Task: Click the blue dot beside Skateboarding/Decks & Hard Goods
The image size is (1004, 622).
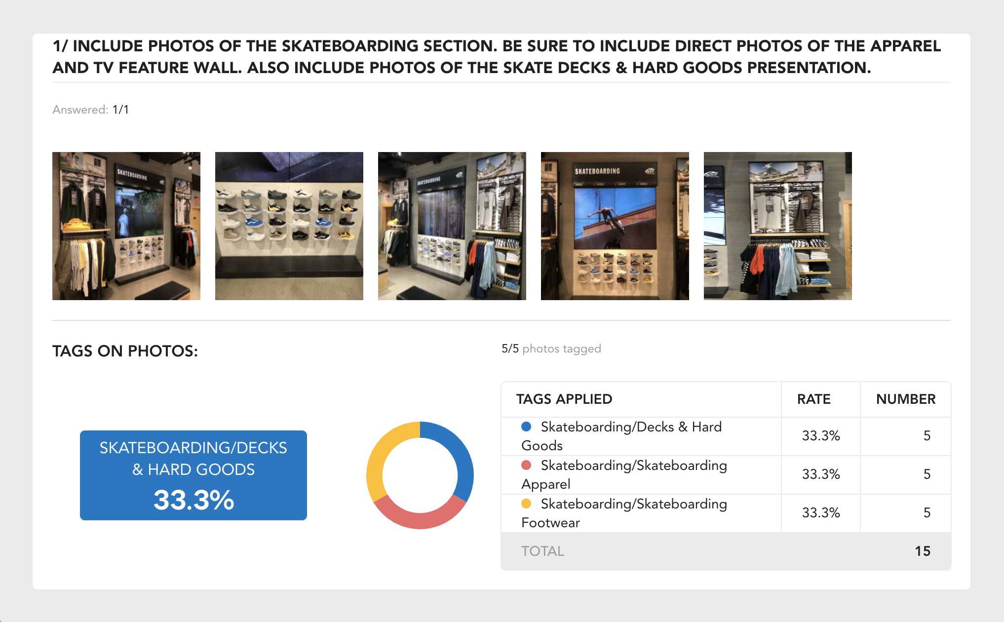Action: (526, 426)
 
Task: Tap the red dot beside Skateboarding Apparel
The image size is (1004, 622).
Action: (526, 465)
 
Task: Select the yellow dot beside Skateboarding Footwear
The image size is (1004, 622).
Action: (526, 503)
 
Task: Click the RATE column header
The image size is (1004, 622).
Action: (813, 399)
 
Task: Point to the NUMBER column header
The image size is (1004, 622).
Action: (906, 399)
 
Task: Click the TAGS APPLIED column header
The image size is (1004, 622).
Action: (564, 399)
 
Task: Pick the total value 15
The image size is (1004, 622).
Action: (923, 551)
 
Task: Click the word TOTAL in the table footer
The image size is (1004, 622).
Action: (542, 551)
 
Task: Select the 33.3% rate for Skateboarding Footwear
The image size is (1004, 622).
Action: (821, 512)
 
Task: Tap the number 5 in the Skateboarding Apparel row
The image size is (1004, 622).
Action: (927, 474)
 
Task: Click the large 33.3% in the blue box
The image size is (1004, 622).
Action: (193, 500)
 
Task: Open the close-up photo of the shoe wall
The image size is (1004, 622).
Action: (289, 226)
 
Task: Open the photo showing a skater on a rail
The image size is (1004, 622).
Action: (615, 226)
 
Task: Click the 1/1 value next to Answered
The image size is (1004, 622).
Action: (120, 110)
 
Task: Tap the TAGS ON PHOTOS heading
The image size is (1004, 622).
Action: (125, 351)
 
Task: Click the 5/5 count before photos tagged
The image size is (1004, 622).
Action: (510, 349)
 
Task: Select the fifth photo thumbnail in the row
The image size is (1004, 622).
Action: (778, 226)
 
